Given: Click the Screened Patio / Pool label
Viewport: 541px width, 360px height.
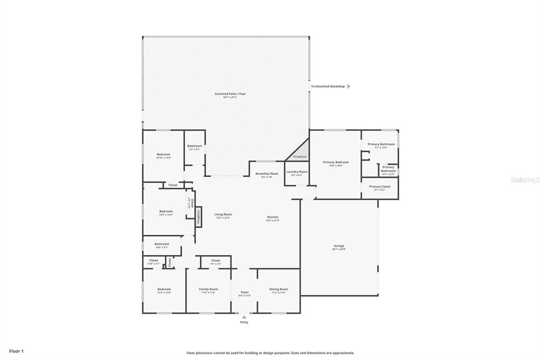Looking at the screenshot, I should pyautogui.click(x=230, y=94).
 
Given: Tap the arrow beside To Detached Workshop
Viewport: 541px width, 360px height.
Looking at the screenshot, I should pyautogui.click(x=349, y=87).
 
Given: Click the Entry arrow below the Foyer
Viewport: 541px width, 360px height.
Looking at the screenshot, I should pyautogui.click(x=244, y=317).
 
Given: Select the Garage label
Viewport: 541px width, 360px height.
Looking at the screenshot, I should pyautogui.click(x=339, y=246).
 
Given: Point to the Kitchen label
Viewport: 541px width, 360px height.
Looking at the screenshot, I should pyautogui.click(x=272, y=217).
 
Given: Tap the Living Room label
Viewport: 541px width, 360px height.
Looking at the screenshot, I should pyautogui.click(x=223, y=214).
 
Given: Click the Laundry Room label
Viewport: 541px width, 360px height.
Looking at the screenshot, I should pyautogui.click(x=296, y=172).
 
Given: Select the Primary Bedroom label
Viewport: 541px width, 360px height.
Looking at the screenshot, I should pyautogui.click(x=335, y=163).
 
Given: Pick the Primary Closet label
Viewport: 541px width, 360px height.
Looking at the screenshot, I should pyautogui.click(x=379, y=187).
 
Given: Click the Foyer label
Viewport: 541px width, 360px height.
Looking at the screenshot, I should pyautogui.click(x=245, y=292).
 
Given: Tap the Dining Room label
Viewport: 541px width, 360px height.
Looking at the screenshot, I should pyautogui.click(x=278, y=289).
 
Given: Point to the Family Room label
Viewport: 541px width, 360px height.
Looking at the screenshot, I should pyautogui.click(x=208, y=289).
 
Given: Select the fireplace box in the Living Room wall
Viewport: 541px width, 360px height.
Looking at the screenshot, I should pyautogui.click(x=199, y=217).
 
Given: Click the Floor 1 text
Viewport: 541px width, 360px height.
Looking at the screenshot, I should pyautogui.click(x=16, y=351).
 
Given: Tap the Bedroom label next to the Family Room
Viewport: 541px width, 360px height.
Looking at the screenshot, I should pyautogui.click(x=164, y=289).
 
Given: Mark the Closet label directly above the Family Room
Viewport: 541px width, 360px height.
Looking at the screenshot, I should pyautogui.click(x=216, y=261).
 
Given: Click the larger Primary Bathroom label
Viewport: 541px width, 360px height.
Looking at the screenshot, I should pyautogui.click(x=381, y=145).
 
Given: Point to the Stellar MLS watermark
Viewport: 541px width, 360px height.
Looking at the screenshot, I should pyautogui.click(x=524, y=180).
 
